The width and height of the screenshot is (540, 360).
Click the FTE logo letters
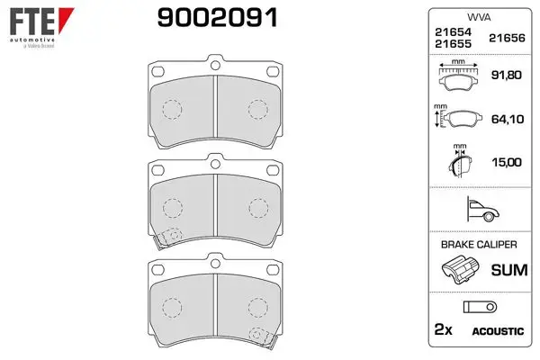(32, 21)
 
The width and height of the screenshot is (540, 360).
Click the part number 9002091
(217, 18)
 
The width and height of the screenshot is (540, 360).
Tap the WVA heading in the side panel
(479, 17)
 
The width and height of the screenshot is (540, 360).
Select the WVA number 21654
(453, 32)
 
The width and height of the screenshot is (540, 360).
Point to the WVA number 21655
(453, 44)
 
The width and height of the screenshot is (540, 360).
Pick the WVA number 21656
(507, 38)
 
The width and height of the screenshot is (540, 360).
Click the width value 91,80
(506, 75)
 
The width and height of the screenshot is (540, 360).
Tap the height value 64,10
(508, 119)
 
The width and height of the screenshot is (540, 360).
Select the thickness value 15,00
(507, 162)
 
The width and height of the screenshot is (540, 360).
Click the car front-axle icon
(482, 210)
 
